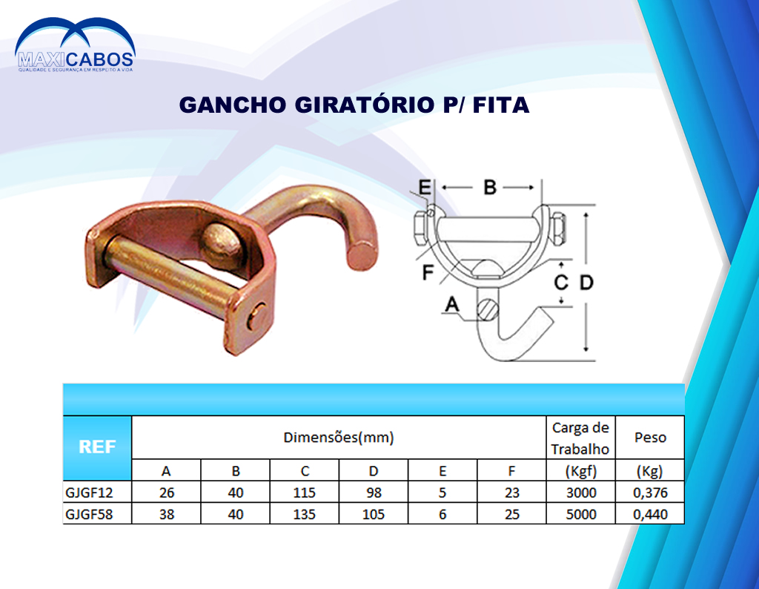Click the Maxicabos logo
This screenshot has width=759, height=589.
pyautogui.click(x=75, y=45)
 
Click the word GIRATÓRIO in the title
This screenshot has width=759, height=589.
pyautogui.click(x=365, y=105)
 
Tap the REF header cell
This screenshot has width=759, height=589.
pyautogui.click(x=97, y=447)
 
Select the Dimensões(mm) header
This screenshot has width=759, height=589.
pyautogui.click(x=338, y=438)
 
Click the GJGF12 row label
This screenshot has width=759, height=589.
pyautogui.click(x=89, y=493)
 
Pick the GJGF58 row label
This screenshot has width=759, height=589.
pyautogui.click(x=89, y=514)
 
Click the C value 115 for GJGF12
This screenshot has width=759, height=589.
pyautogui.click(x=304, y=493)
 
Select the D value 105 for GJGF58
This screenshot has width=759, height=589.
pyautogui.click(x=374, y=514)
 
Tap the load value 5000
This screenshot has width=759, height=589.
pyautogui.click(x=581, y=514)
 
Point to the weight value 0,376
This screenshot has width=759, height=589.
pyautogui.click(x=650, y=493)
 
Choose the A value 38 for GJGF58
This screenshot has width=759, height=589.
pyautogui.click(x=167, y=514)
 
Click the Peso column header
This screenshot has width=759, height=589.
pyautogui.click(x=650, y=438)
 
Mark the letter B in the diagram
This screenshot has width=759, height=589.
pyautogui.click(x=490, y=187)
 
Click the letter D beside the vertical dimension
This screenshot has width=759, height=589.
pyautogui.click(x=586, y=282)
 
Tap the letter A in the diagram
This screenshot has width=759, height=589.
pyautogui.click(x=451, y=305)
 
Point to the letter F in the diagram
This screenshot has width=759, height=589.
pyautogui.click(x=428, y=272)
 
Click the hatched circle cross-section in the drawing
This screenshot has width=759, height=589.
pyautogui.click(x=487, y=310)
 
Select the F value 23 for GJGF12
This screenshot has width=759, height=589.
pyautogui.click(x=511, y=493)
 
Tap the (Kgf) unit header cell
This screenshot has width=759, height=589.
pyautogui.click(x=581, y=471)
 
